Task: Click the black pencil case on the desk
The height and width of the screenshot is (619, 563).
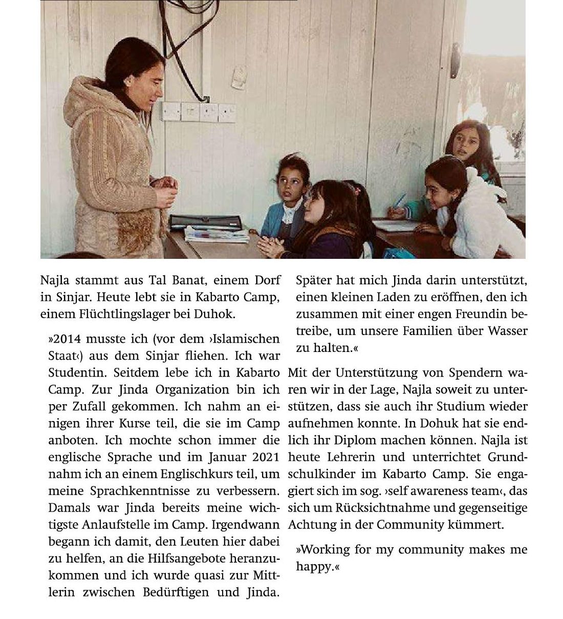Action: click(205, 222)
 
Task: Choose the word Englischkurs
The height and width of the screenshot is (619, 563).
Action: click(197, 474)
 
